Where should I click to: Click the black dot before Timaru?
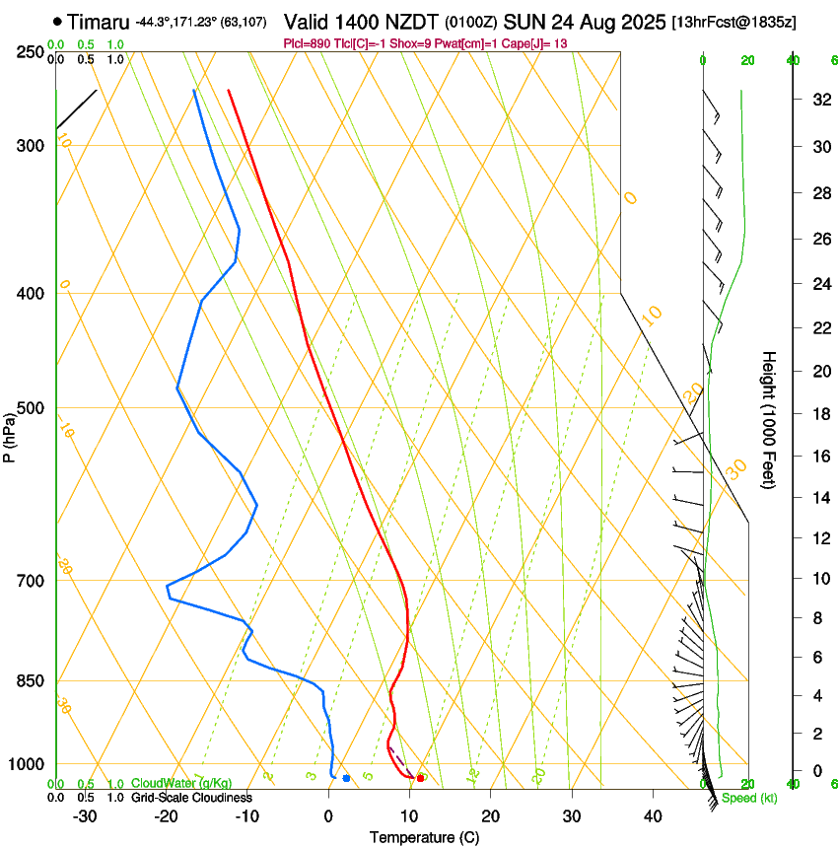57,21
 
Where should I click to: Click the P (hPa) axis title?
9,435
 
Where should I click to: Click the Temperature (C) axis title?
424,837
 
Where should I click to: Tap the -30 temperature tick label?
85,816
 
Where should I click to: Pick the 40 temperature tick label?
652,816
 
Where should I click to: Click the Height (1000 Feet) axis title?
769,419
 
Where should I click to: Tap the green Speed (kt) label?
748,798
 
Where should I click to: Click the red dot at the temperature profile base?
421,778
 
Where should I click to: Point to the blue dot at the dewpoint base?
346,779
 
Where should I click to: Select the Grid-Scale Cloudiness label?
190,798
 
